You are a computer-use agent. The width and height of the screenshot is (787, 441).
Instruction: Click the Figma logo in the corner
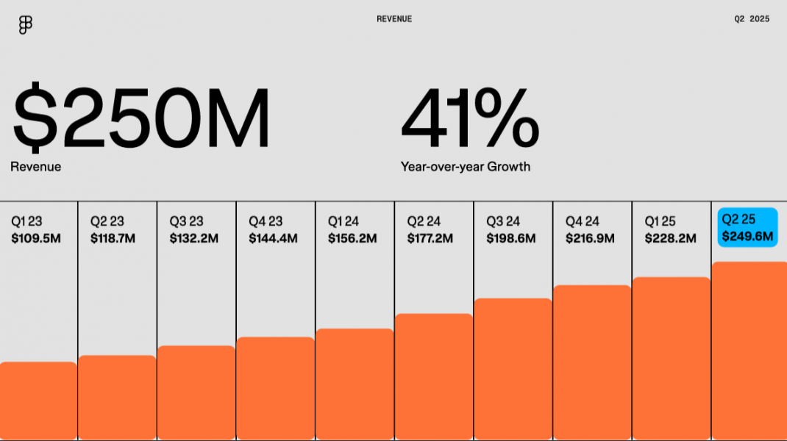point(25,25)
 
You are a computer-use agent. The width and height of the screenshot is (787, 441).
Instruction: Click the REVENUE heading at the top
point(394,19)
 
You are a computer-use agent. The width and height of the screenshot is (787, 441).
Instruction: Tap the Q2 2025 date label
point(752,19)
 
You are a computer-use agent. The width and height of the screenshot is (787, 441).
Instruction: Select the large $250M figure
point(141,118)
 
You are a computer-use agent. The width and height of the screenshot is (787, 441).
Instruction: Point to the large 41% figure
point(470,118)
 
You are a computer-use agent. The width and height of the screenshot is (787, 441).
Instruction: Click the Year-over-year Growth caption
point(465,167)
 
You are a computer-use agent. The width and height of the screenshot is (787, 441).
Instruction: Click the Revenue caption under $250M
point(35,167)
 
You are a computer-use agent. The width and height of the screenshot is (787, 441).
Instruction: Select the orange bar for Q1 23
point(38,401)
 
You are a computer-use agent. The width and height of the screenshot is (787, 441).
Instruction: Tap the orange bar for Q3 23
point(196,392)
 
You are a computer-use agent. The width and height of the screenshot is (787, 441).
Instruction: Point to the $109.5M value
point(35,238)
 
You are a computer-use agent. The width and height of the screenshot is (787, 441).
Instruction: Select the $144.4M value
point(273,238)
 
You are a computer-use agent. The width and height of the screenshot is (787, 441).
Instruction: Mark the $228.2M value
point(669,238)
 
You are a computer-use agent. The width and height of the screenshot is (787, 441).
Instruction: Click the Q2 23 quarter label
point(107,221)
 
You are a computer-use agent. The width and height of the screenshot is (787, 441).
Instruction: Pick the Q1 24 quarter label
point(343,221)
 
